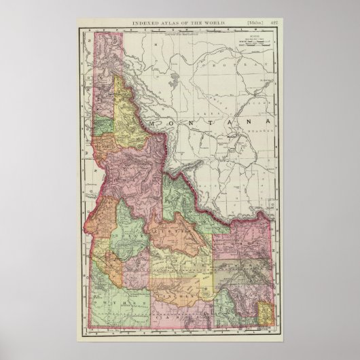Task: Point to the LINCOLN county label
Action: click(x=174, y=278)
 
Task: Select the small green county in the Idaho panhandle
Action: click(x=103, y=126)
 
